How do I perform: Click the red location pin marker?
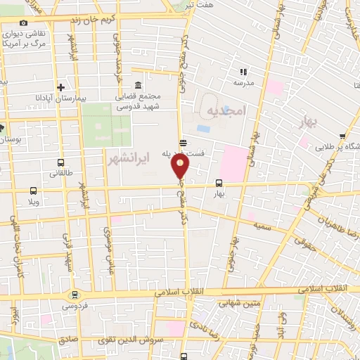click(181, 166)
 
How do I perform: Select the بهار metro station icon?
click(220, 184)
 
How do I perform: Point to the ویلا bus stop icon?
click(33, 190)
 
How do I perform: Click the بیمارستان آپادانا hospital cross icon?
click(61, 88)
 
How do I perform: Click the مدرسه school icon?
click(243, 71)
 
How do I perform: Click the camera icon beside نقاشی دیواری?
click(23, 23)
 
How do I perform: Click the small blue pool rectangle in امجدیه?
click(203, 129)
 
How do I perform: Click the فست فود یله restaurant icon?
click(183, 143)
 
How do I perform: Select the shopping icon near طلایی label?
click(342, 137)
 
